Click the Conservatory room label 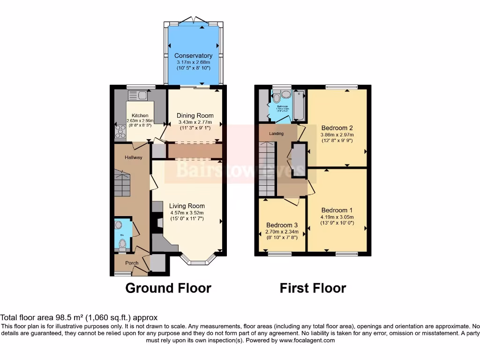click(193, 56)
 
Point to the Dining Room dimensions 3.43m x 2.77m click(195, 122)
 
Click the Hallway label click(133, 157)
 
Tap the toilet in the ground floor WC click(122, 243)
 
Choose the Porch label click(132, 263)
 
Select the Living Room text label click(187, 206)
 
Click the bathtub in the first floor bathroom click(299, 104)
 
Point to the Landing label click(276, 134)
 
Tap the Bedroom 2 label click(337, 128)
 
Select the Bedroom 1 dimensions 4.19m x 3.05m click(337, 217)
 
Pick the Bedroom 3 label click(282, 225)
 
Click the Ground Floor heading click(168, 288)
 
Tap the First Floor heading click(313, 288)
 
